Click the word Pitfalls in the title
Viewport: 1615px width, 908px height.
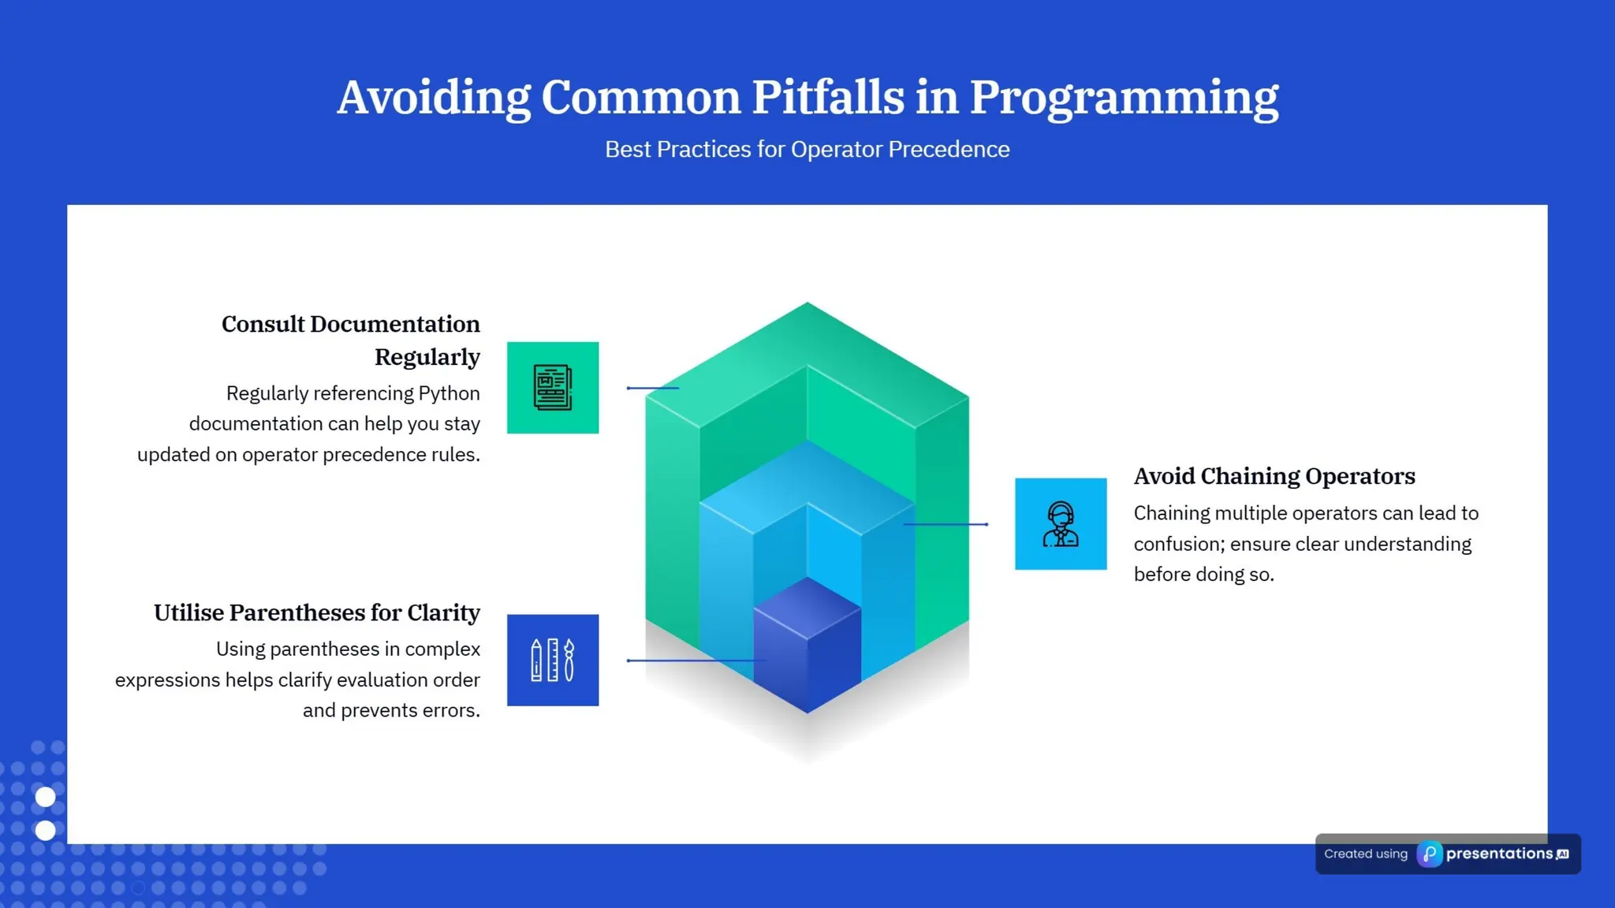click(827, 98)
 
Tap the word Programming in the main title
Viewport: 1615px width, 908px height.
click(1123, 99)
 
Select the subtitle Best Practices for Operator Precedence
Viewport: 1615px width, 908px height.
click(807, 149)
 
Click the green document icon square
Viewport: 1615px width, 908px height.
click(552, 388)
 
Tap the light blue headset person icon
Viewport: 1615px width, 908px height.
click(1060, 524)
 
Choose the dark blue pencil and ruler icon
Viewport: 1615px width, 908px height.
click(552, 660)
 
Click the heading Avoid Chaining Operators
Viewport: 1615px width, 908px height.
click(1274, 476)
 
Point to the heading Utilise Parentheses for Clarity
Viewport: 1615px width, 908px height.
click(316, 612)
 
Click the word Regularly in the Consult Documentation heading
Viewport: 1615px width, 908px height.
click(427, 357)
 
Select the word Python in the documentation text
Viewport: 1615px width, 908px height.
click(448, 393)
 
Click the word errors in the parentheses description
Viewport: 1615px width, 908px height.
click(453, 710)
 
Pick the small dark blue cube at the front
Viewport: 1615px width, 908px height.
click(807, 646)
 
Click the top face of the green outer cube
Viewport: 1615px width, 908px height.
click(807, 339)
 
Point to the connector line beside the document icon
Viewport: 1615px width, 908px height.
click(652, 388)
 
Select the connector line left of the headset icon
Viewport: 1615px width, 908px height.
click(946, 524)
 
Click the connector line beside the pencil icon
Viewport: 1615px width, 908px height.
click(694, 661)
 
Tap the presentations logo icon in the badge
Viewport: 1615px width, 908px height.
click(1429, 854)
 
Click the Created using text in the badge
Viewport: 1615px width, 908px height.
click(1365, 854)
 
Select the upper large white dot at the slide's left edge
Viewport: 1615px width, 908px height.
click(46, 797)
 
